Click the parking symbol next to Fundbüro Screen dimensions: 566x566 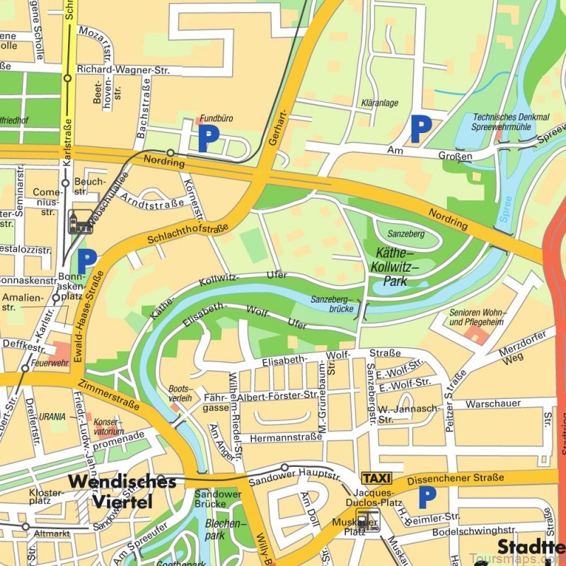tap(208, 139)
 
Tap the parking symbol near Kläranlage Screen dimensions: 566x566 tap(421, 129)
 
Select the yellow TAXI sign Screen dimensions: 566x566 tap(376, 478)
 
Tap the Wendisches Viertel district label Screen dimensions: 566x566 tap(122, 492)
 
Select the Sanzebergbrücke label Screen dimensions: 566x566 tap(331, 305)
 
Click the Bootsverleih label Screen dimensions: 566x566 tap(181, 394)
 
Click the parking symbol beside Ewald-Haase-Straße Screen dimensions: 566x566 tap(86, 261)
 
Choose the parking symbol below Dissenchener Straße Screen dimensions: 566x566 tap(427, 497)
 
